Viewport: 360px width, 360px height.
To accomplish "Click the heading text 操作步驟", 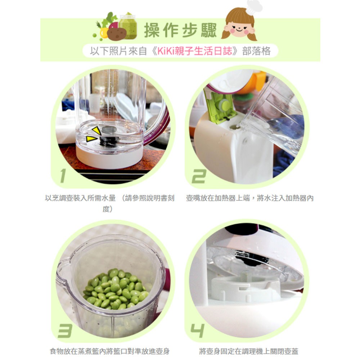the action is [x=180, y=30].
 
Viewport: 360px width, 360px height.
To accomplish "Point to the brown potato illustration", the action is [x=116, y=34].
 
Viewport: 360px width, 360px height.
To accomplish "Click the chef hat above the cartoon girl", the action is [x=254, y=6].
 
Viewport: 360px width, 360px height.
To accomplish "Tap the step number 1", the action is [x=63, y=176].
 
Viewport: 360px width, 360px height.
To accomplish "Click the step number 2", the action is [x=199, y=176].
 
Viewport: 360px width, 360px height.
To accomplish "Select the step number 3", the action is [x=65, y=330].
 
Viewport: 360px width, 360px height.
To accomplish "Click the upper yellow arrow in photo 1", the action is [x=96, y=131].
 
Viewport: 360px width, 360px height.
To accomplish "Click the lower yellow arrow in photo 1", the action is [x=91, y=139].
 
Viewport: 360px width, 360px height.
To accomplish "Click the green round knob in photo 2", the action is [x=224, y=105].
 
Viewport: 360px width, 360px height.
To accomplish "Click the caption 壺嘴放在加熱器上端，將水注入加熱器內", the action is [x=249, y=198].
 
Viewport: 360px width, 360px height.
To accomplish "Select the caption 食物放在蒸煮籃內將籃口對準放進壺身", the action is [x=110, y=351].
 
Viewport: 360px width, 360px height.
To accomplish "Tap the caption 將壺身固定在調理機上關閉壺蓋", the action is [x=249, y=351].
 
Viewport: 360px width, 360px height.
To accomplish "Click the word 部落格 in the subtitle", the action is [x=256, y=51].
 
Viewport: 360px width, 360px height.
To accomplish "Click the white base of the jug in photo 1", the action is [x=109, y=159].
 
